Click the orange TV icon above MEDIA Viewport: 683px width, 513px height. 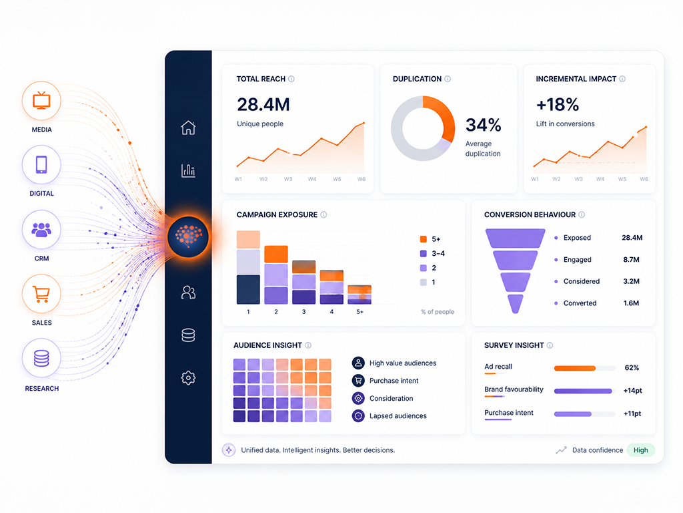tap(41, 100)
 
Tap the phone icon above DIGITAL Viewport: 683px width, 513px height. tap(41, 164)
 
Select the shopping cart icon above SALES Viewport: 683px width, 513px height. tap(41, 294)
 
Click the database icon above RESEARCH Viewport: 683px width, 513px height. tap(41, 358)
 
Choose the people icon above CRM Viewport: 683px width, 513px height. tap(41, 230)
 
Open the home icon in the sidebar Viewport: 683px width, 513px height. tap(188, 128)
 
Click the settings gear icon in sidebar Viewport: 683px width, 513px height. tap(188, 378)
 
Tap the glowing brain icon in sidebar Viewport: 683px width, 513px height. tap(188, 237)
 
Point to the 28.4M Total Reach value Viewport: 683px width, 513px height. tap(263, 105)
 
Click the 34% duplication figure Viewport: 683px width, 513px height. tap(483, 125)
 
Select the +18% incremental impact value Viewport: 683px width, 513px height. tap(557, 105)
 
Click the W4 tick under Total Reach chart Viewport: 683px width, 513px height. tap(312, 179)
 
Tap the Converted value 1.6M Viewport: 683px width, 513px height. tap(631, 303)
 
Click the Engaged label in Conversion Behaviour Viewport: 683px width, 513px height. tap(577, 260)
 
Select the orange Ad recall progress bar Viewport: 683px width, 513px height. tap(574, 368)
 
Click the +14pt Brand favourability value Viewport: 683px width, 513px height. tap(632, 390)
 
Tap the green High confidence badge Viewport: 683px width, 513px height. tap(641, 450)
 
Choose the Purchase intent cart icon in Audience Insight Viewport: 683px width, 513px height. tap(358, 380)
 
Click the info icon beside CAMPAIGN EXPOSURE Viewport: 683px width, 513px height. tap(323, 214)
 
